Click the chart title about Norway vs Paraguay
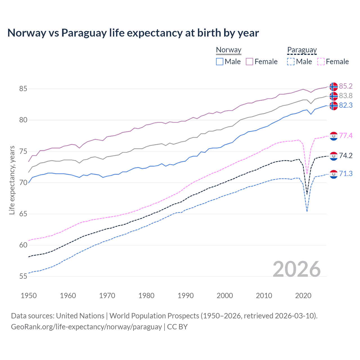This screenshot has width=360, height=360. tap(133, 33)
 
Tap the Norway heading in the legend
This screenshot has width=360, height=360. tap(229, 50)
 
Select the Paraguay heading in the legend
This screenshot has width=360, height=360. tap(302, 50)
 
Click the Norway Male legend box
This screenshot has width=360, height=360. tap(220, 62)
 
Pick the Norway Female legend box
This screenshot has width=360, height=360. tap(249, 62)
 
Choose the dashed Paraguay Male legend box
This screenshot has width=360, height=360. tap(291, 62)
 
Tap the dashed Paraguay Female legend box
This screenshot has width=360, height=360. tap(321, 62)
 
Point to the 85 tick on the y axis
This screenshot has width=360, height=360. tap(23, 89)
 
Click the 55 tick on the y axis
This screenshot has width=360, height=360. tap(23, 276)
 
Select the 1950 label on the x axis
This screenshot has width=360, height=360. tap(29, 296)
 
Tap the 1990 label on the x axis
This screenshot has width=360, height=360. tap(186, 296)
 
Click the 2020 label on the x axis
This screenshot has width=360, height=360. tap(303, 296)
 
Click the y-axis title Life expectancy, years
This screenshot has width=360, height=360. tap(12, 180)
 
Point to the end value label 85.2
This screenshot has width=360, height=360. tap(346, 86)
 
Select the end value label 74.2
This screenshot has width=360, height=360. tap(346, 156)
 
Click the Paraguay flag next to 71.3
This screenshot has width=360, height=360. tap(334, 174)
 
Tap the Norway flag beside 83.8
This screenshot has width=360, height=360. tap(334, 96)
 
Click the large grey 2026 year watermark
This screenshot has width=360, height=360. tap(297, 269)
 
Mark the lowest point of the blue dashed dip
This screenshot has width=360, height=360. tap(307, 211)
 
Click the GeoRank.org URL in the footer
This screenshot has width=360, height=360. tap(86, 327)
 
